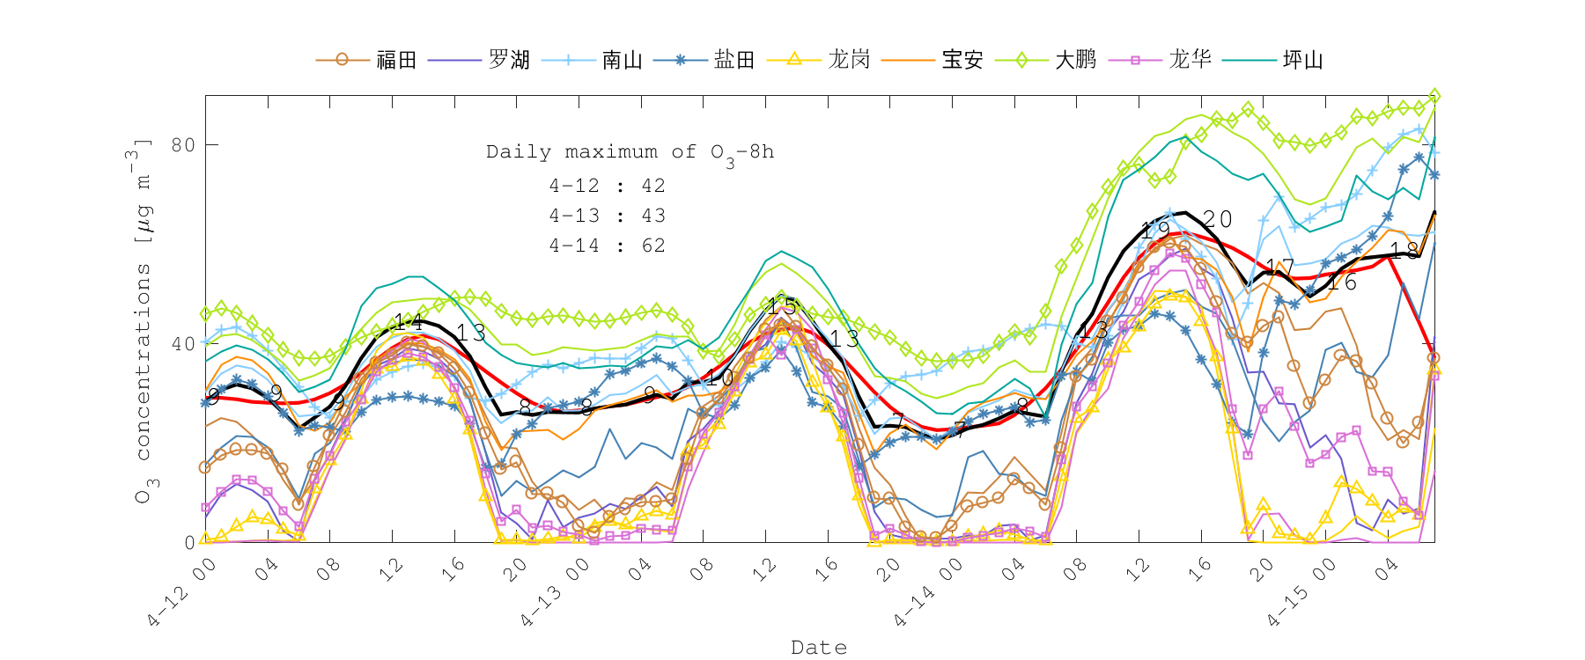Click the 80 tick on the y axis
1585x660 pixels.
(x=183, y=144)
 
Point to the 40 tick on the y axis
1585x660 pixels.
(x=183, y=343)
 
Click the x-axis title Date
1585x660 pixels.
(x=819, y=648)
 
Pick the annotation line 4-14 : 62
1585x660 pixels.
(x=607, y=246)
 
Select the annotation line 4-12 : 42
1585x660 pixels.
(x=607, y=186)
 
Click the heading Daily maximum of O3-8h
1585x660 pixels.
(x=630, y=152)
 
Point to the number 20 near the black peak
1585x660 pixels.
(x=1217, y=219)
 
